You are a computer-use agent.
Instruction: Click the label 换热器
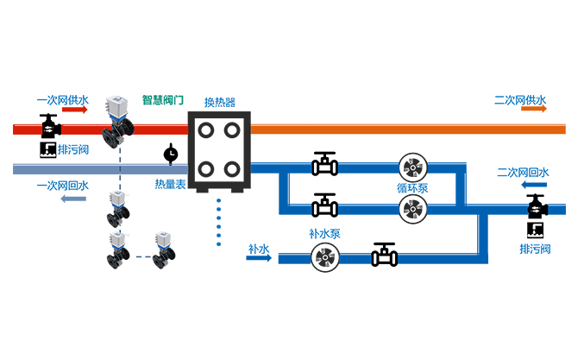pyautogui.click(x=219, y=100)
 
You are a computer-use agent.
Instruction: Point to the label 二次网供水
pyautogui.click(x=521, y=99)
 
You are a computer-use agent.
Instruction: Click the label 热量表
pyautogui.click(x=170, y=183)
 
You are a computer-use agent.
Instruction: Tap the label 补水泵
pyautogui.click(x=325, y=233)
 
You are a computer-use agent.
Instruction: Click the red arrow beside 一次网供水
pyautogui.click(x=74, y=111)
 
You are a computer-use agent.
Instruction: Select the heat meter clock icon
pyautogui.click(x=171, y=154)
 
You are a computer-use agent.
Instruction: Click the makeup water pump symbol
pyautogui.click(x=325, y=256)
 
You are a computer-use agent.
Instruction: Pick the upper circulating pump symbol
pyautogui.click(x=411, y=167)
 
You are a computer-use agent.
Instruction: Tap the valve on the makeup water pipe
pyautogui.click(x=384, y=254)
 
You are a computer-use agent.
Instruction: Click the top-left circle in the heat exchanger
pyautogui.click(x=204, y=129)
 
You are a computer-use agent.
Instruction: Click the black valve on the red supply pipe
pyautogui.click(x=48, y=125)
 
